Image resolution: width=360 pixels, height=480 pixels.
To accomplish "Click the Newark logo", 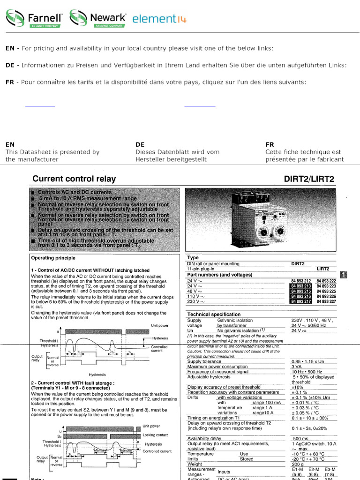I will point(98,18).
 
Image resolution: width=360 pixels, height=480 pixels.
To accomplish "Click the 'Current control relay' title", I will point(74,179).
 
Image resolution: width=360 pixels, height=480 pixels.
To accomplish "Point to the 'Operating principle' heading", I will point(53,258).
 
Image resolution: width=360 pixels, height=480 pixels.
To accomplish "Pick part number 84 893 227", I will point(326,302).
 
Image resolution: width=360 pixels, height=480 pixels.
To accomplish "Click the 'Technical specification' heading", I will point(214,314).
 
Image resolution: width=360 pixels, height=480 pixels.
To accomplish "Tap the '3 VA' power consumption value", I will point(297,367).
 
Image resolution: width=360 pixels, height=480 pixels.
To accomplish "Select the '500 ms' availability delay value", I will point(300,439).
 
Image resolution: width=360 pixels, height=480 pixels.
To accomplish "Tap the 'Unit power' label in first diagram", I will point(159,325).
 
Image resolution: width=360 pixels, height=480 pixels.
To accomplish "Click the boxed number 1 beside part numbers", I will point(344,275).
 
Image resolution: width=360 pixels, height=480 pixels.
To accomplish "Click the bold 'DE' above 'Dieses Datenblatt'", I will point(140,145).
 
